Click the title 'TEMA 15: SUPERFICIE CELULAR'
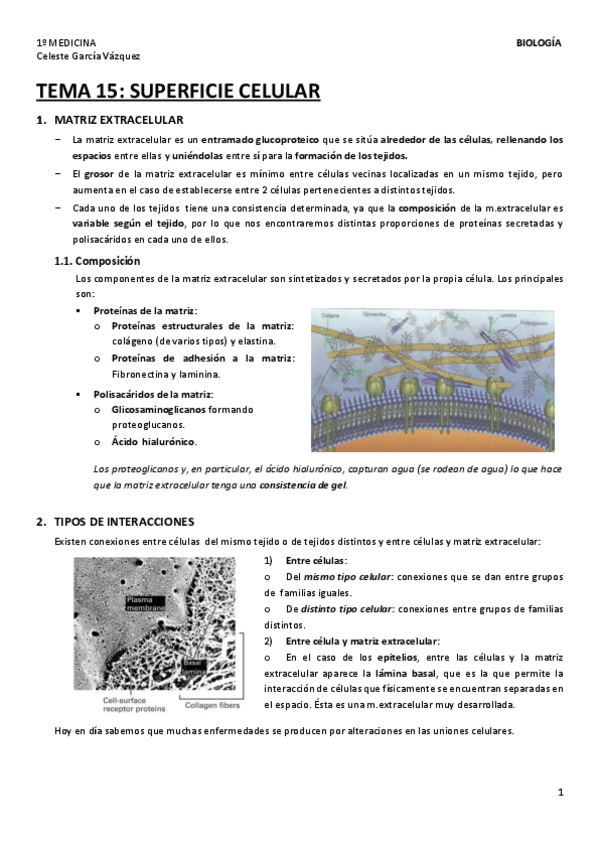[x=178, y=93]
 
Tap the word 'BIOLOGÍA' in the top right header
[x=538, y=43]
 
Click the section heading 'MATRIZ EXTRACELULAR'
[x=111, y=120]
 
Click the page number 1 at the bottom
[x=561, y=793]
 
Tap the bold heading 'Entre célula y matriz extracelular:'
[x=362, y=640]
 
